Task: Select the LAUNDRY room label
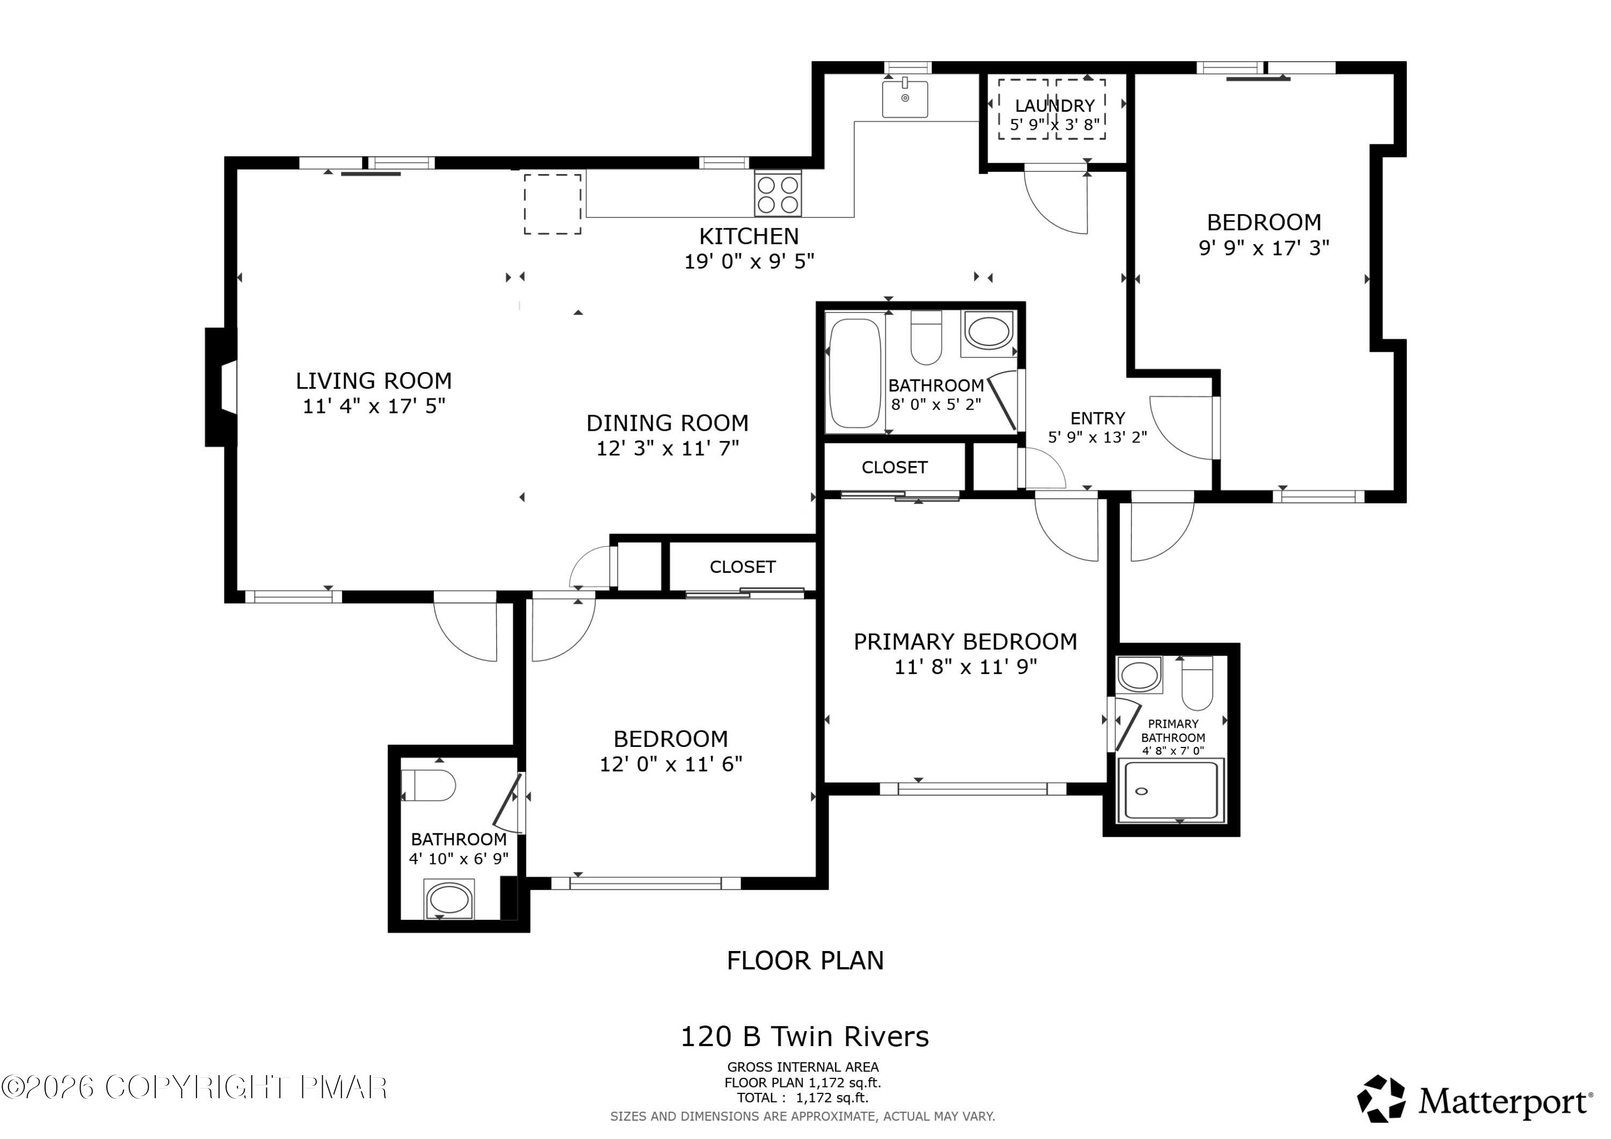click(1055, 106)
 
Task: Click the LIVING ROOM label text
click(373, 381)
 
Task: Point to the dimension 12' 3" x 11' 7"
click(667, 448)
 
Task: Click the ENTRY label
click(1098, 418)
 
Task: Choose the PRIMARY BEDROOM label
click(965, 641)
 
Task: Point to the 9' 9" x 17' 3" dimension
click(1264, 248)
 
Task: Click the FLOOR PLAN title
click(805, 960)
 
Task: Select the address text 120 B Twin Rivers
click(805, 1036)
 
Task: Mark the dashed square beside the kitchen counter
click(552, 204)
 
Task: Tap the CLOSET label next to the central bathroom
click(895, 467)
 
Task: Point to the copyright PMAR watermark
click(194, 1088)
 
